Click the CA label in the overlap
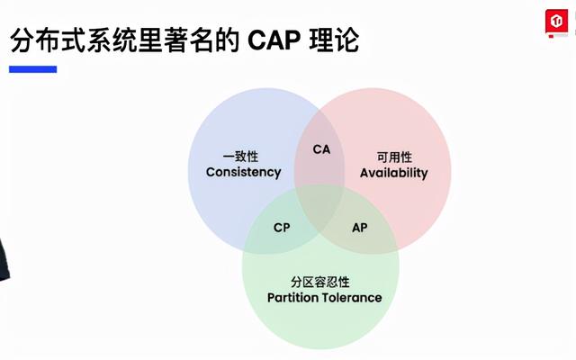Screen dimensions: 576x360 [321, 149]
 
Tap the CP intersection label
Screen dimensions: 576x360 [282, 228]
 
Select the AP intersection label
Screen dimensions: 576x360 [360, 228]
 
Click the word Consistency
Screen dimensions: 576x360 [244, 172]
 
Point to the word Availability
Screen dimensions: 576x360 [394, 173]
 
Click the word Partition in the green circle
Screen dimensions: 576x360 [292, 298]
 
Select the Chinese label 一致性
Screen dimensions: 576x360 [240, 157]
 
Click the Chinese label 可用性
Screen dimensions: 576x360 [394, 157]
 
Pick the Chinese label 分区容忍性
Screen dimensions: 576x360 [320, 282]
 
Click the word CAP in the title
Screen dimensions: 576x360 [274, 40]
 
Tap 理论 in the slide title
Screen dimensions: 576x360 [334, 40]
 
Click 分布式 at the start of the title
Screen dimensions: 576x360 [48, 40]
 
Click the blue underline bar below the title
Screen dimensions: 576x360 [33, 69]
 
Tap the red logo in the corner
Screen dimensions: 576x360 [556, 22]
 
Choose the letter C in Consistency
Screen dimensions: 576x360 [211, 172]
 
